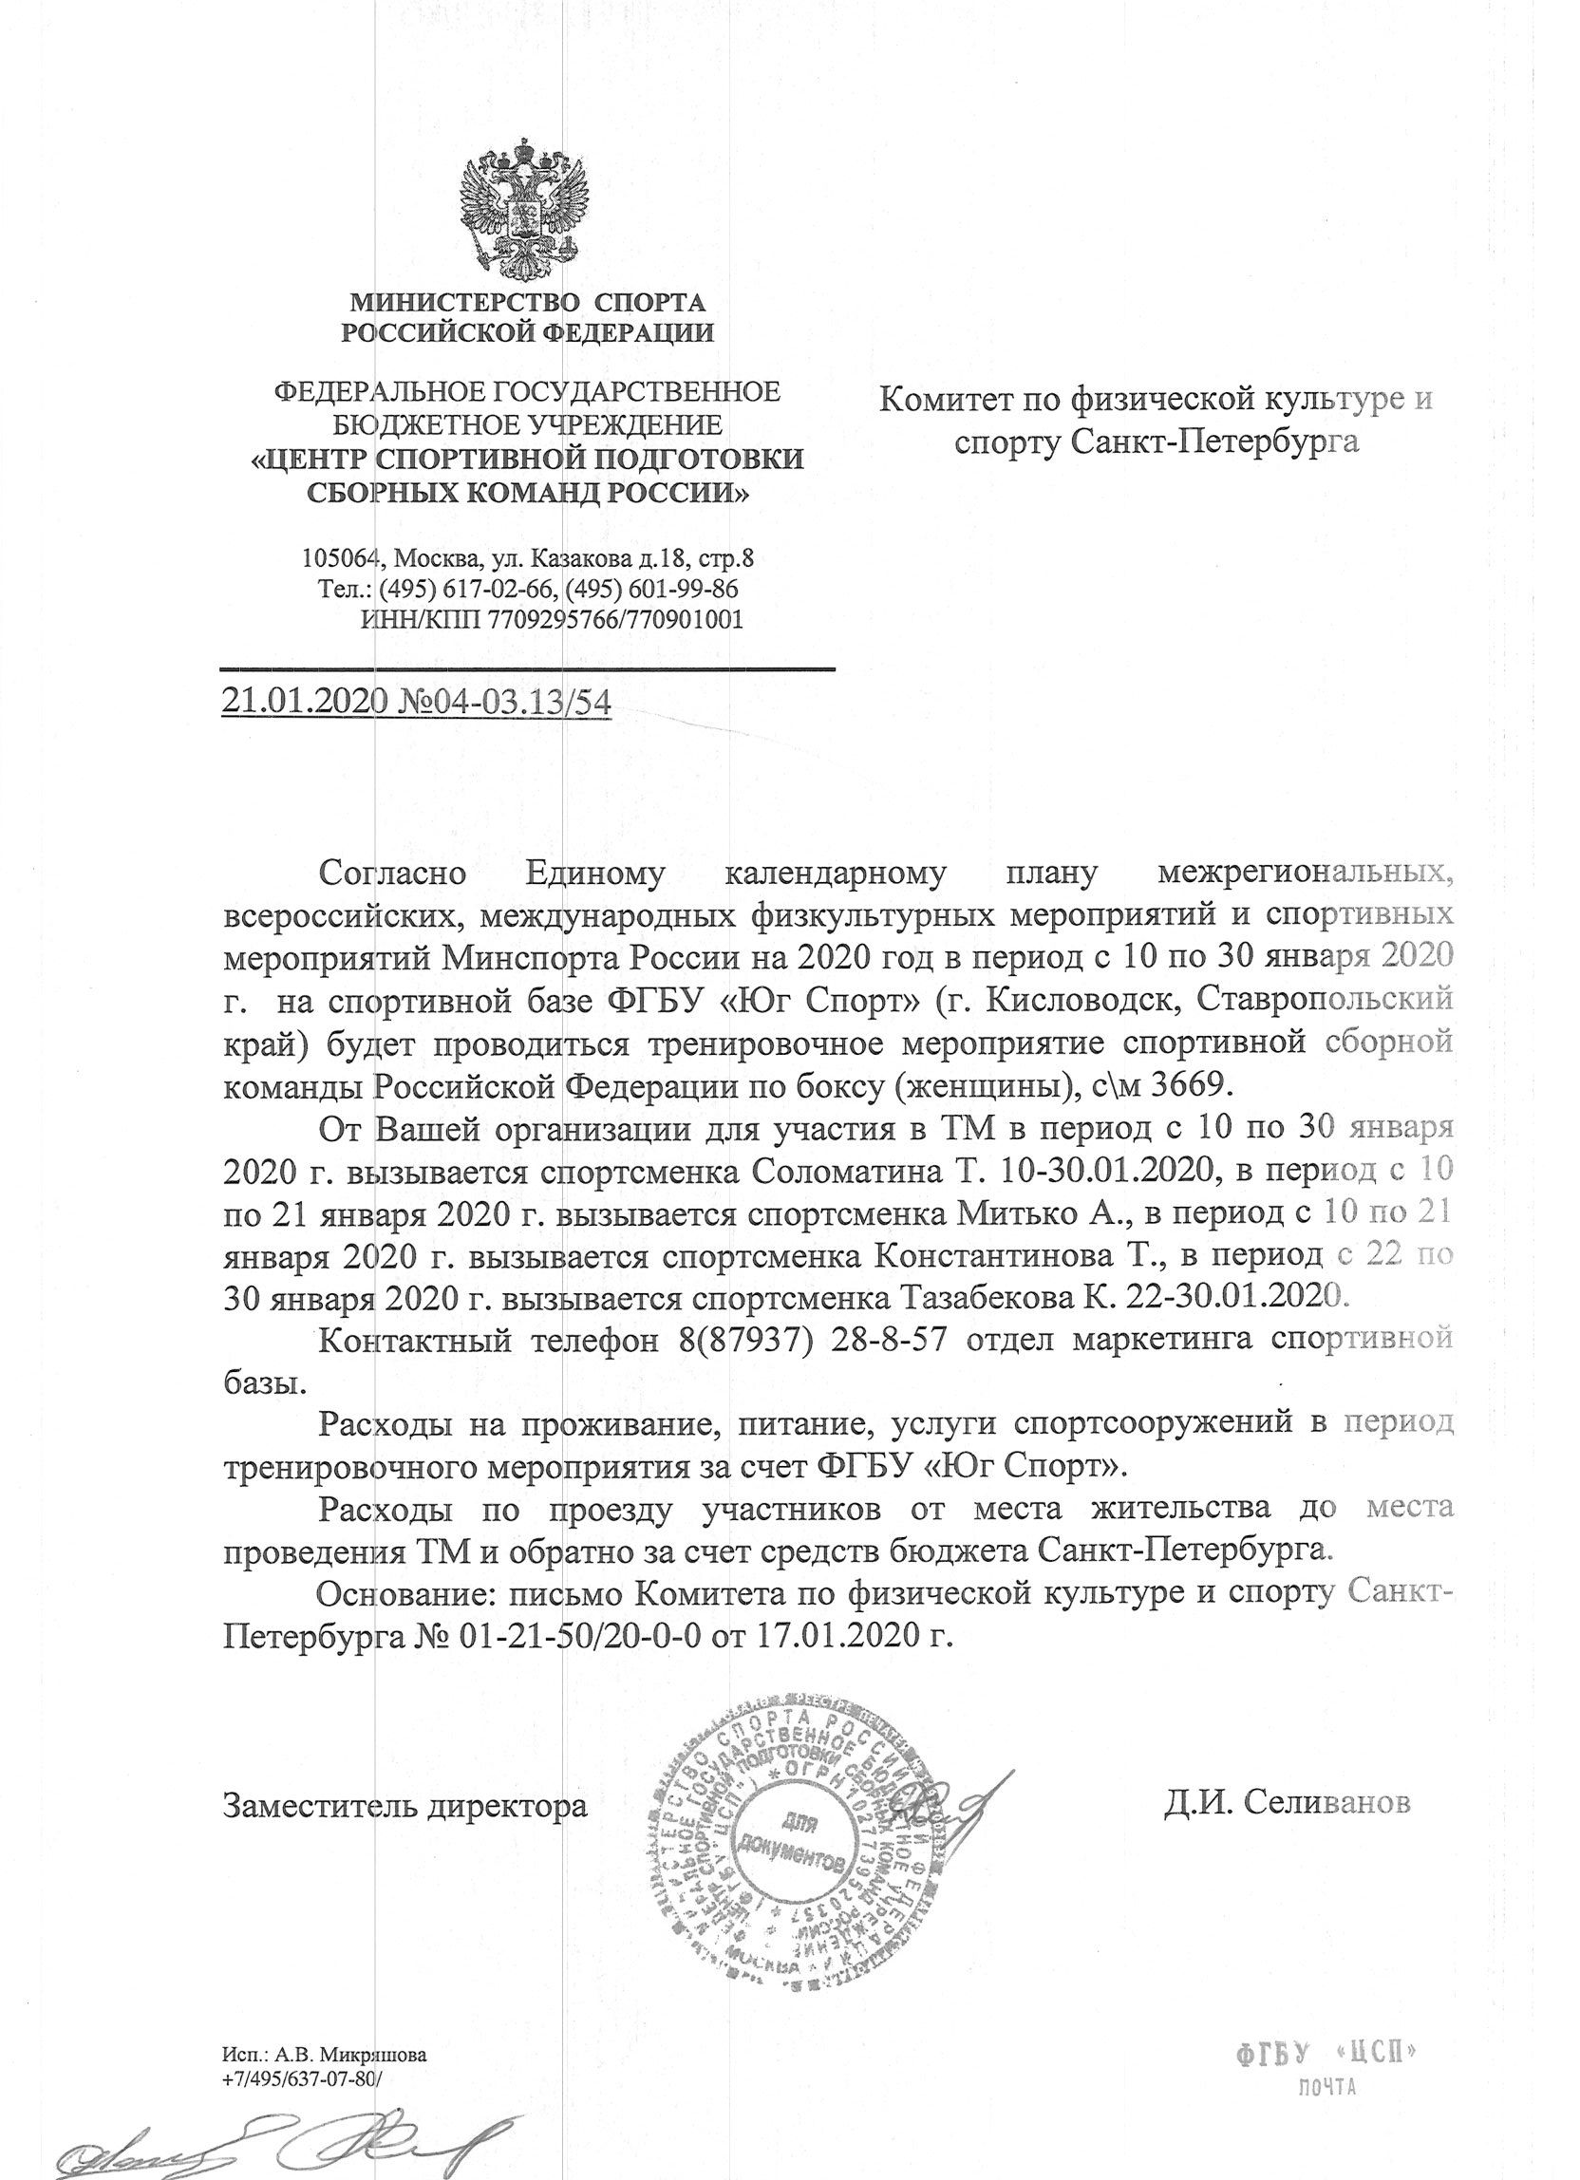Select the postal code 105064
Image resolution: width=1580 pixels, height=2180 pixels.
coord(341,558)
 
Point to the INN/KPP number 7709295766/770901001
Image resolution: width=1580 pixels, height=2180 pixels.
coord(615,619)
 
